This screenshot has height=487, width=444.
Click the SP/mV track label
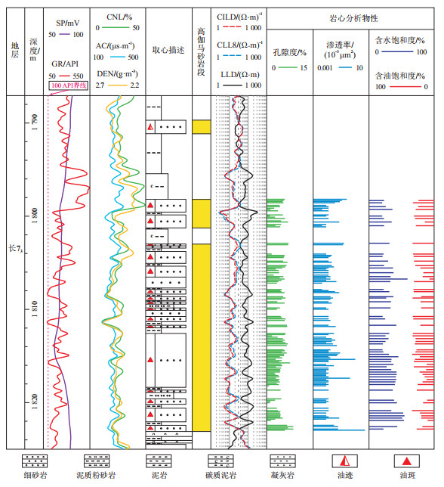[x=68, y=23]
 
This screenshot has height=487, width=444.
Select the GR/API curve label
[x=65, y=64]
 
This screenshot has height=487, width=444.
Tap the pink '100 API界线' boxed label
[x=69, y=85]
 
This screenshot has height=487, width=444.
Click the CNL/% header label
[x=119, y=17]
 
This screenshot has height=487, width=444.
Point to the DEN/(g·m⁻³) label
[x=117, y=74]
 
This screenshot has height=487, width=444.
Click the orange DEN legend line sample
[x=117, y=85]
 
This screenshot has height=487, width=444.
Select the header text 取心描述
[x=168, y=51]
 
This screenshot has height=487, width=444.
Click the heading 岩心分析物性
[x=353, y=19]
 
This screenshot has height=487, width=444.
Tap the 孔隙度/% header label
[x=290, y=52]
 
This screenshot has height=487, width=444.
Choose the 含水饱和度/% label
[x=400, y=40]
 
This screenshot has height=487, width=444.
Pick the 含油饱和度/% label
[x=400, y=76]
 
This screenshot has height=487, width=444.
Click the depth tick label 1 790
[x=34, y=123]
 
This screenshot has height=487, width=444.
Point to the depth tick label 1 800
[x=34, y=216]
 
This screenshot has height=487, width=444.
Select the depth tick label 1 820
[x=34, y=402]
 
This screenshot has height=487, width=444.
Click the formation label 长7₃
[x=16, y=249]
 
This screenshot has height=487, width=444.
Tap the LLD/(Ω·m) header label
[x=240, y=75]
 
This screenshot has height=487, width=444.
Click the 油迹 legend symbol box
[x=345, y=461]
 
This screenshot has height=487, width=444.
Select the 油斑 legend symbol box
[x=407, y=461]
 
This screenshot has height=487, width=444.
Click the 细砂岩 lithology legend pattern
[x=35, y=461]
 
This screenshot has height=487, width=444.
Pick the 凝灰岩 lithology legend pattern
[x=282, y=461]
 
